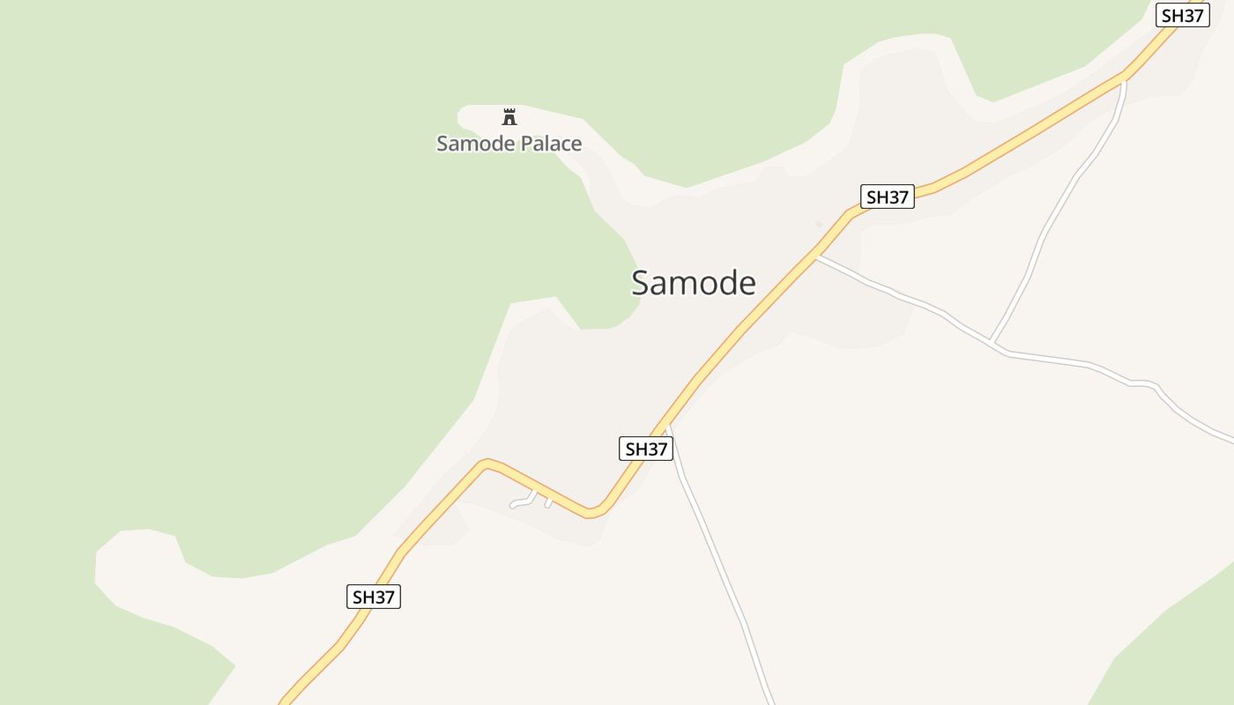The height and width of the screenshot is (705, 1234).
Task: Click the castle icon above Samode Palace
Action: coord(509,116)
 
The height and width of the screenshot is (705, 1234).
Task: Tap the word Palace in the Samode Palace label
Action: coord(547,144)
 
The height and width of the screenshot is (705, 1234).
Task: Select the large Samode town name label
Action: coord(693,283)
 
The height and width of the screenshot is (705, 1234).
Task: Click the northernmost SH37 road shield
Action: coord(1182,16)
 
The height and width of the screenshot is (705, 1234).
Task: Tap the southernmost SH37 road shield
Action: coord(374,597)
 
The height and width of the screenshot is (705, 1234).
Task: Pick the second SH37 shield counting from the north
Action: coord(887,197)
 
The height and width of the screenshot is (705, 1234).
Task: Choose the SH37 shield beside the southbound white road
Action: coord(646,449)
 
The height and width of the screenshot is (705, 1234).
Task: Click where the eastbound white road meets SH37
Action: coord(817,256)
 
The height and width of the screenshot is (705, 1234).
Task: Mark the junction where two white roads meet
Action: coord(993,343)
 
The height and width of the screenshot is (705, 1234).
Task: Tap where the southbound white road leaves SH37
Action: coord(667,426)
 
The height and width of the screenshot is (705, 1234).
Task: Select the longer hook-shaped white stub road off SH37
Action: coord(524,501)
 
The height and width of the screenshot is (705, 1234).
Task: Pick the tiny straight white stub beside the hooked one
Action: coord(548,502)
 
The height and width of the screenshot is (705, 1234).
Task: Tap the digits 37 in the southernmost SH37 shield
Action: coord(384,597)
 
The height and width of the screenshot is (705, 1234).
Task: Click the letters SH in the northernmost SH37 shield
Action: coord(1172,16)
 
